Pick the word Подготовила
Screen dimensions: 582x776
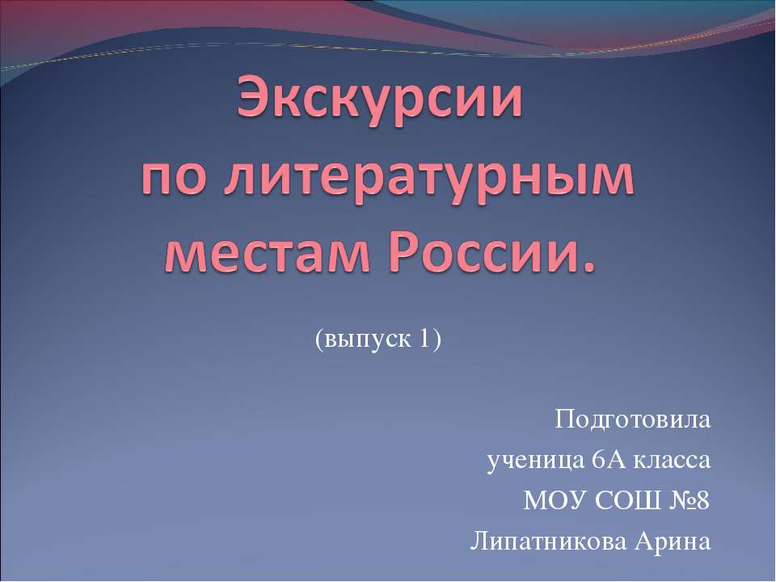(x=633, y=420)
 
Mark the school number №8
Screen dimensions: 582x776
(x=688, y=501)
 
